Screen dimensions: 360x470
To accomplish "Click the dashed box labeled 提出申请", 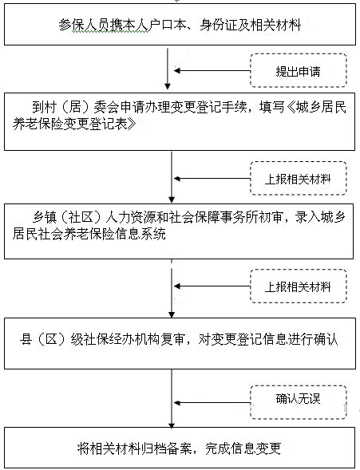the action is pos(299,71).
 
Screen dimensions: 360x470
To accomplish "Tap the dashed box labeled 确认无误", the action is pos(299,402).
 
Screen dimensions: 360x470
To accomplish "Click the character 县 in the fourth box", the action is pos(26,340).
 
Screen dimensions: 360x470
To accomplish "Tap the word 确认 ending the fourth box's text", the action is pos(326,340).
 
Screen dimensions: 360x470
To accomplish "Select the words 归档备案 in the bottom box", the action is pos(166,448).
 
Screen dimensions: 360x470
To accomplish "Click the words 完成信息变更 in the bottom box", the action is pos(243,448).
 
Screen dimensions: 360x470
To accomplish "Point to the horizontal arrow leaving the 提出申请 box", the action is pos(212,71).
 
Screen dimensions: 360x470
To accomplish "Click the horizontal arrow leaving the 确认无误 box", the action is pos(212,403).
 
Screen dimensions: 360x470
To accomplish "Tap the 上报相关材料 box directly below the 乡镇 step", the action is pos(299,286).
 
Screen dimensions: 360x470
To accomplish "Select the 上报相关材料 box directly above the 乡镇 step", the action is pos(299,179).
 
